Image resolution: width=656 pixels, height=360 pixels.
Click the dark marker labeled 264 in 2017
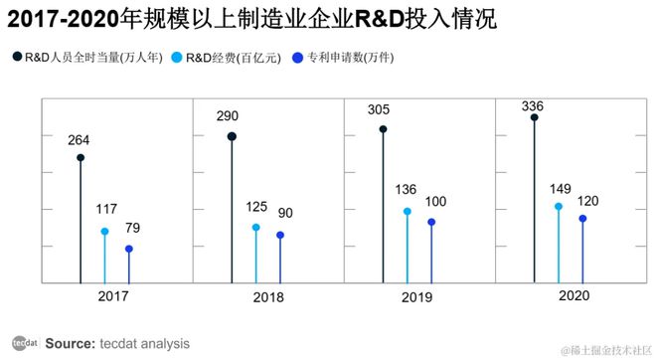pos(80,157)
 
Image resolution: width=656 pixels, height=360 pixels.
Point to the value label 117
pos(105,210)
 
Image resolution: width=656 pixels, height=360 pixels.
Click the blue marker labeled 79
pos(129,249)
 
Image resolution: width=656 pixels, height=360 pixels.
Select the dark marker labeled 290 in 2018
pos(232,137)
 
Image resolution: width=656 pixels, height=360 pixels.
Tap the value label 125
pos(256,206)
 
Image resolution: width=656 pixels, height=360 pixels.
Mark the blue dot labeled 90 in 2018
pos(280,236)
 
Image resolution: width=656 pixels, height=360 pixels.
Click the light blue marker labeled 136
pos(408,211)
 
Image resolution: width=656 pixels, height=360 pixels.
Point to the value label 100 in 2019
pos(435,202)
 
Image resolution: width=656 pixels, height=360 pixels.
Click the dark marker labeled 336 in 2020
pos(535,117)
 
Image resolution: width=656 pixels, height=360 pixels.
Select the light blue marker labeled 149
pos(559,207)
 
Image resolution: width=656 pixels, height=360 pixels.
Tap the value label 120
pos(586,199)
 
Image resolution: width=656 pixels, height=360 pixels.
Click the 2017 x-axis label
pos(112,295)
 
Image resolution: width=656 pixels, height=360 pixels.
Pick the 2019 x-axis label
pos(416,296)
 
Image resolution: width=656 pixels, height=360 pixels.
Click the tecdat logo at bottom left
pos(24,343)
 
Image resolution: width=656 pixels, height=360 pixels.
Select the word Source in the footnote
pos(70,343)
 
